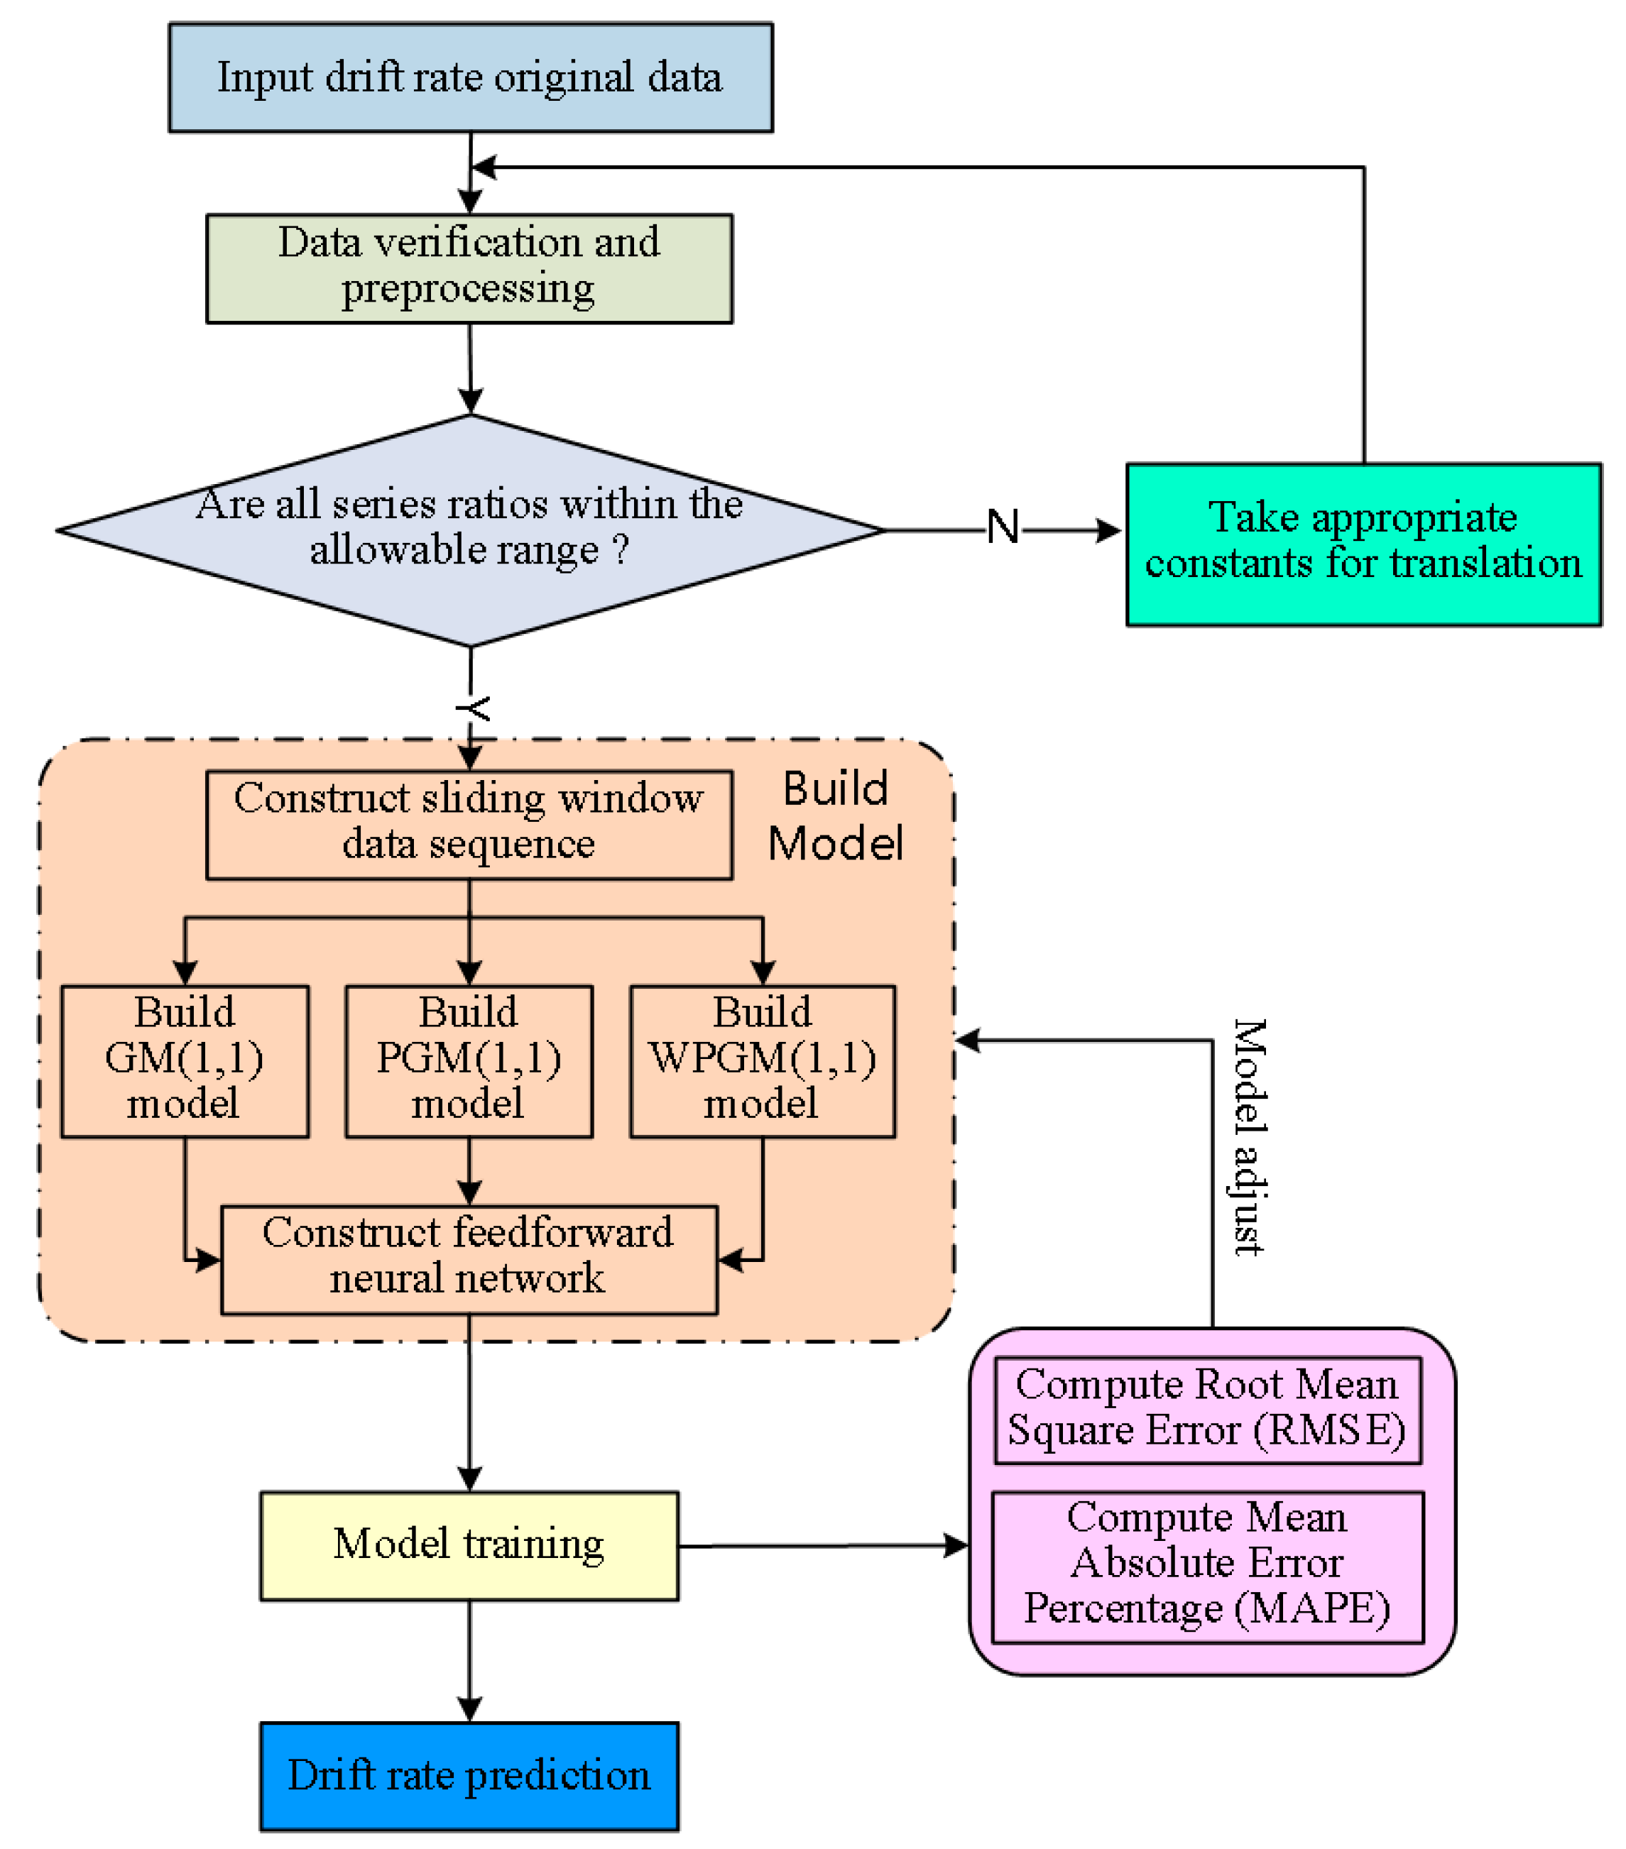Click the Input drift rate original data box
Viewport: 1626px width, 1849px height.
(x=471, y=78)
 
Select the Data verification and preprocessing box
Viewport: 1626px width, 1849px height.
(x=469, y=268)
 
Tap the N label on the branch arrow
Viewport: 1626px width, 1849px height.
(x=1002, y=527)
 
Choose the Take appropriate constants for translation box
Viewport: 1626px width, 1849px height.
(x=1363, y=544)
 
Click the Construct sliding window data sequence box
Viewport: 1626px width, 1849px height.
(x=469, y=824)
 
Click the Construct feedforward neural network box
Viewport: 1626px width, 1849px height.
(x=469, y=1259)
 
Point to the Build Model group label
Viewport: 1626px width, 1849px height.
(x=834, y=816)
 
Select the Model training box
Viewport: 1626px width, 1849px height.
(x=469, y=1546)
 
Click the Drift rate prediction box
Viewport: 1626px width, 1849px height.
(x=469, y=1777)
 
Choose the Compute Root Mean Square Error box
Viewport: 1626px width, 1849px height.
(x=1207, y=1410)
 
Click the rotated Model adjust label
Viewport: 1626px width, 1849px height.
(x=1250, y=1136)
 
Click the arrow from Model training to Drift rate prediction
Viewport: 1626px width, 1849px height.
(x=469, y=1661)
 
